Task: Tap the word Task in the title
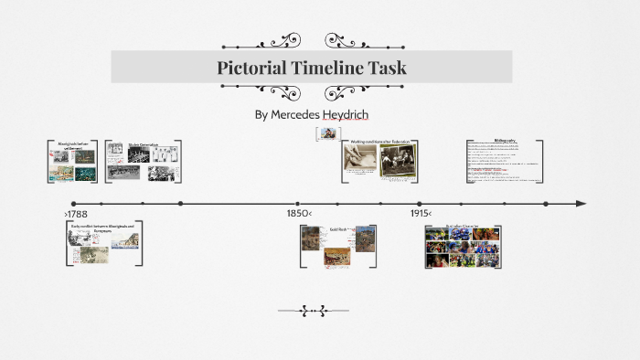point(388,68)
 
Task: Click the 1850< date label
point(298,214)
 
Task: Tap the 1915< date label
point(421,214)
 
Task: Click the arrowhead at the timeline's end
point(581,203)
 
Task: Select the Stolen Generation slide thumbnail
point(143,162)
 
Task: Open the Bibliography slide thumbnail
point(504,163)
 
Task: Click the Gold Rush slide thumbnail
point(337,245)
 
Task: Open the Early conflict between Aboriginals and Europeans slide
point(103,243)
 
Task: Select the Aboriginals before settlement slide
point(72,162)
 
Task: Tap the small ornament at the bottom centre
point(314,312)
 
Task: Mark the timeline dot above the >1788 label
point(74,203)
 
